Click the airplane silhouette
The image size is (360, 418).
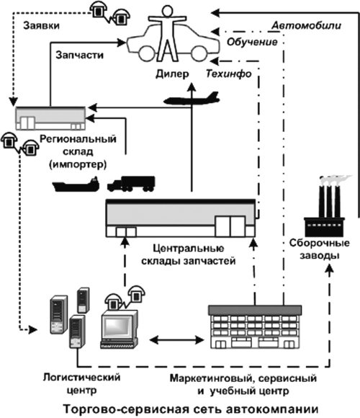192,99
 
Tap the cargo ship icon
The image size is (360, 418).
76,184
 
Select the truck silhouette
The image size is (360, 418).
131,184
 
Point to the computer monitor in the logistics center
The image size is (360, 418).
120,330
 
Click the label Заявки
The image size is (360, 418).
41,26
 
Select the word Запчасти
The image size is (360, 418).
79,55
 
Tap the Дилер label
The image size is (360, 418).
172,74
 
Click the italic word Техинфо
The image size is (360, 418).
228,74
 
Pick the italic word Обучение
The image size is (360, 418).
252,42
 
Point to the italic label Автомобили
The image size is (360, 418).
306,26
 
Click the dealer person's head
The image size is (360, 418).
167,12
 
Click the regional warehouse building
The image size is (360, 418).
50,118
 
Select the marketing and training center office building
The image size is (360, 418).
255,327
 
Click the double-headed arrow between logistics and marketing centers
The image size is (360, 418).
176,339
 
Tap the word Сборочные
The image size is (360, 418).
320,243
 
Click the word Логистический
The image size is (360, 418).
82,378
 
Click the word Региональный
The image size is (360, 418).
78,139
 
